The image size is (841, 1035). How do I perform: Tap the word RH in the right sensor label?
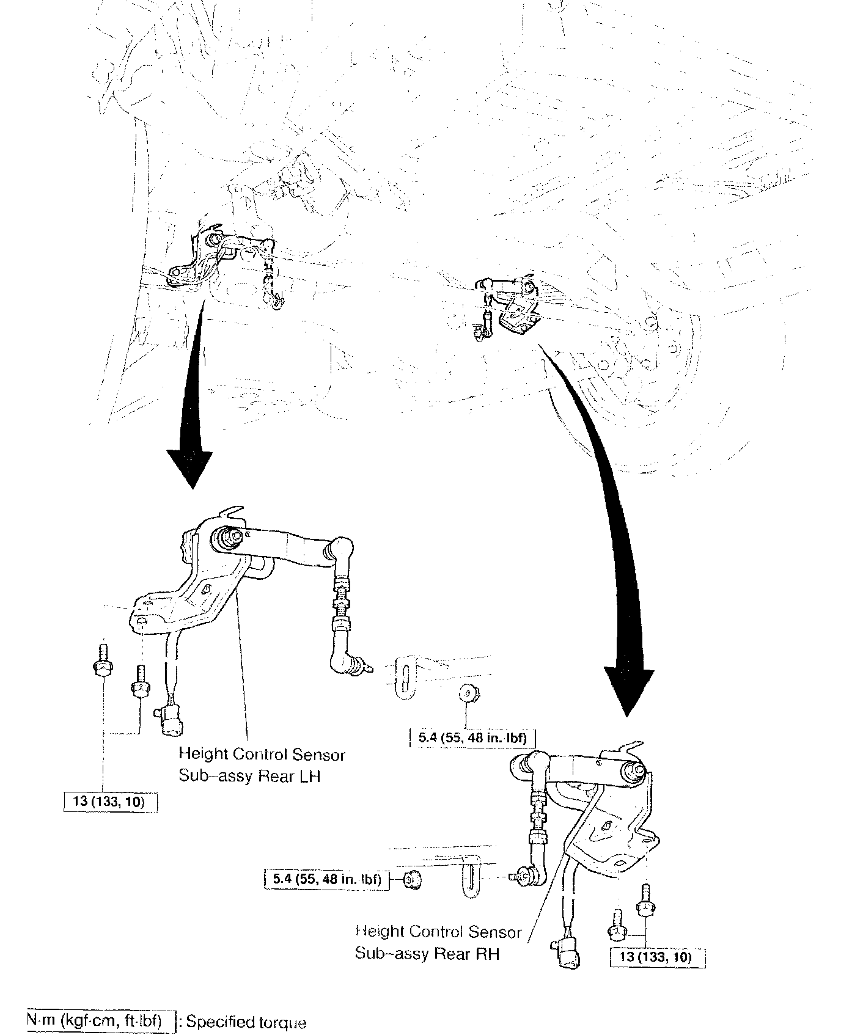click(x=488, y=954)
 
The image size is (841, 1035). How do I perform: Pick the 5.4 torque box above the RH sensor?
click(x=472, y=738)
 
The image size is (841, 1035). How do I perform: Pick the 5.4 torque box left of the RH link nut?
click(x=326, y=880)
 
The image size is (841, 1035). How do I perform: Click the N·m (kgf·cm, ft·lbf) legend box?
click(x=95, y=1021)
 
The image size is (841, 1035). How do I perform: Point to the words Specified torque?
click(x=246, y=1022)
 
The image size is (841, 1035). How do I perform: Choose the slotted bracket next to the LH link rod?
click(x=405, y=679)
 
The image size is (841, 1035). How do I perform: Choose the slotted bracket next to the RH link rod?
click(x=470, y=880)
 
